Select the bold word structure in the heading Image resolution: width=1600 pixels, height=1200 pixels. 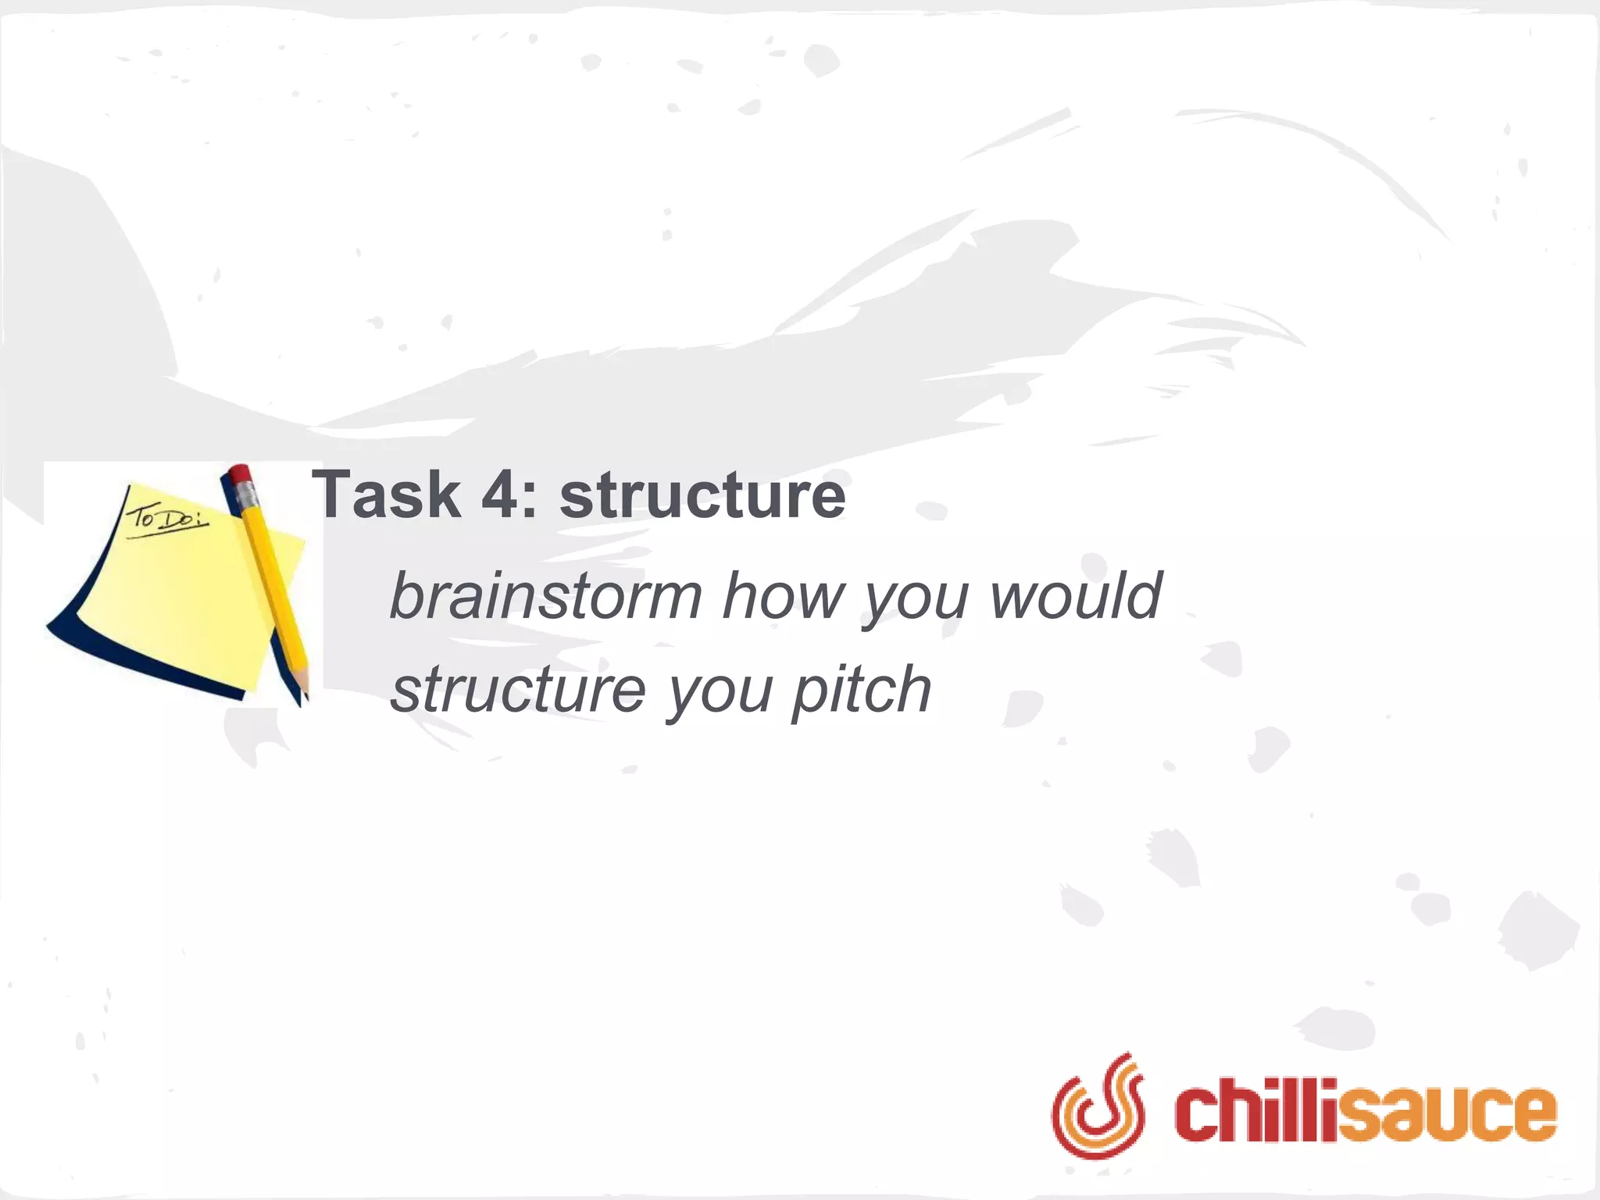point(702,495)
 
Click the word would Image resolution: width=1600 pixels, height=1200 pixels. point(1076,596)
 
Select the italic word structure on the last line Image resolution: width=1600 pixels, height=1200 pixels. point(518,689)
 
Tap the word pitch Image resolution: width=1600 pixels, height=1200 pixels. point(862,689)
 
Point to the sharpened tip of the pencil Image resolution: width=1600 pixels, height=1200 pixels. point(304,700)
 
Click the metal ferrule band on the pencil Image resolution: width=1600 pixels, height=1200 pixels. point(247,495)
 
